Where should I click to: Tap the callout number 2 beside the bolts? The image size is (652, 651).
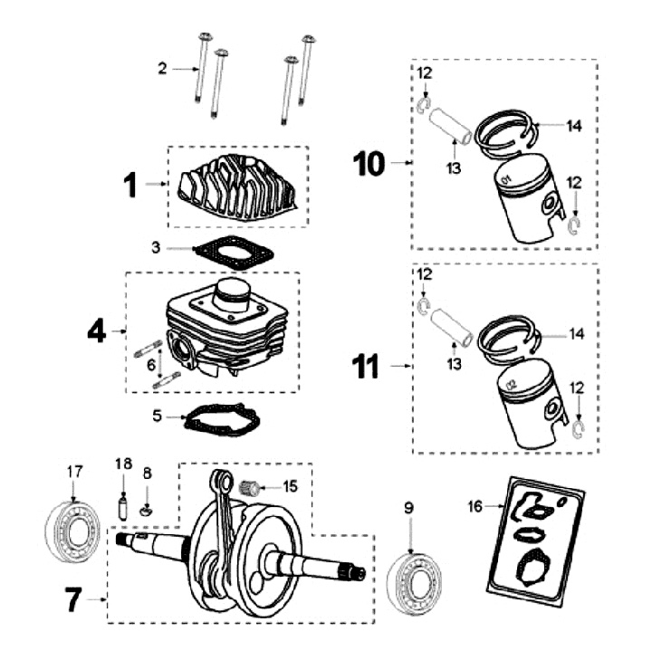162,68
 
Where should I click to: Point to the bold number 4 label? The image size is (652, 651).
97,331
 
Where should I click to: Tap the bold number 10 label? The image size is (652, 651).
369,163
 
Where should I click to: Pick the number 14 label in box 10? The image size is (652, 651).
574,127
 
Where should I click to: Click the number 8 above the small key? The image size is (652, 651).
148,473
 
